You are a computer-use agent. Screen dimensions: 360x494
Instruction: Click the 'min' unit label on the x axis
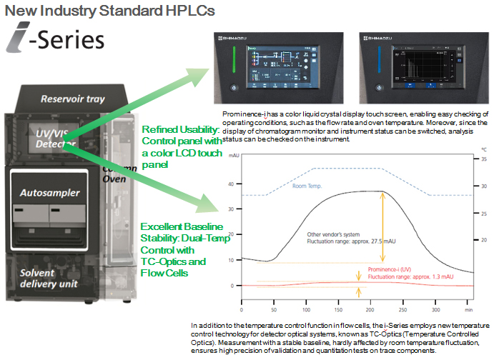point(468,311)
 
